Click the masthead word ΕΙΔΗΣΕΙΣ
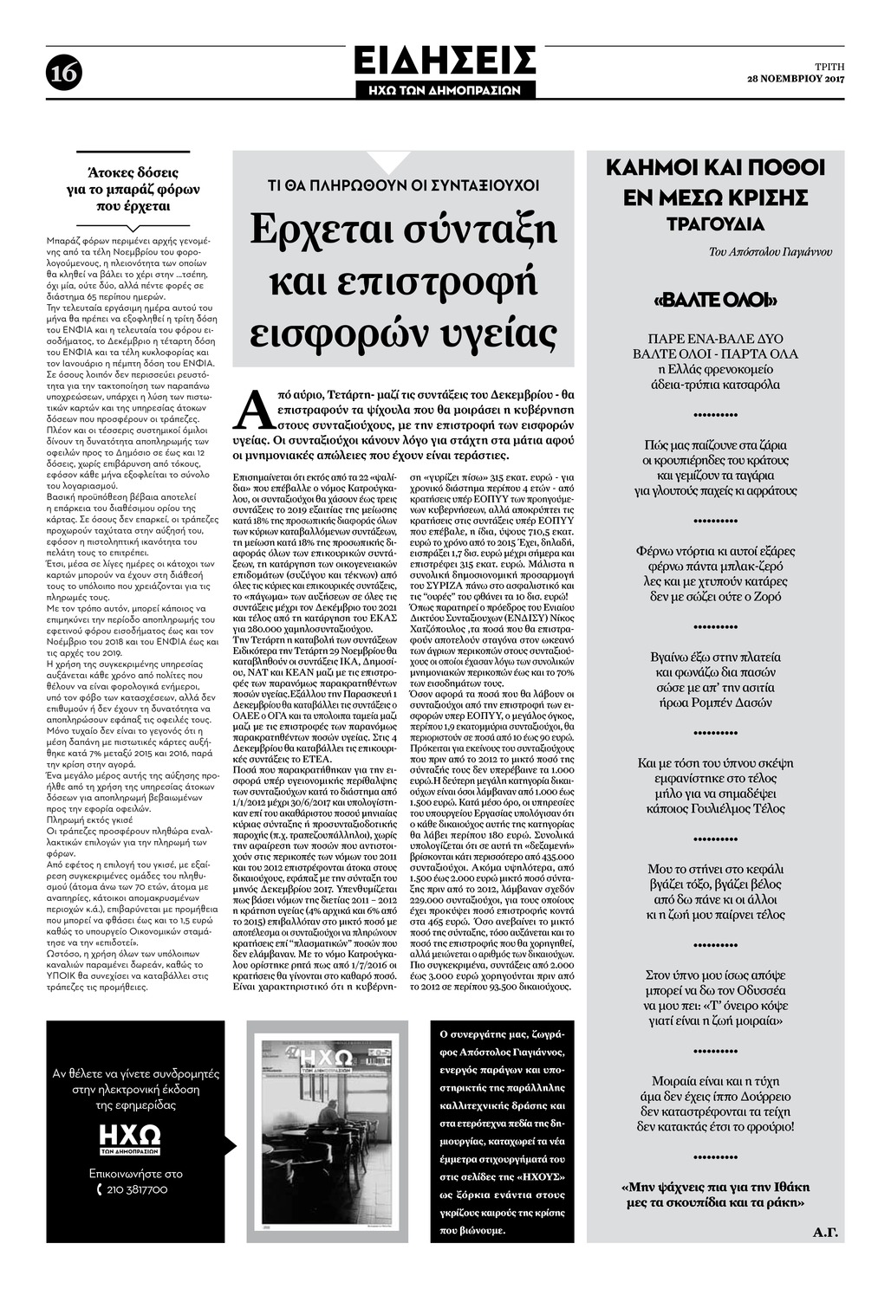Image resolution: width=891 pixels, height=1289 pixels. (x=445, y=62)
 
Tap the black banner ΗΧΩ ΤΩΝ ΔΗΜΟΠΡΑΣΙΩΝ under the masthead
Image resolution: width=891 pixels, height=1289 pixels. (x=445, y=89)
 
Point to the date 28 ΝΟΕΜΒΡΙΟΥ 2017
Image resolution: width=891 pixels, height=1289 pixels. (x=796, y=80)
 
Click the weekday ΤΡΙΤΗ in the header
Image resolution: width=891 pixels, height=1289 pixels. (x=829, y=66)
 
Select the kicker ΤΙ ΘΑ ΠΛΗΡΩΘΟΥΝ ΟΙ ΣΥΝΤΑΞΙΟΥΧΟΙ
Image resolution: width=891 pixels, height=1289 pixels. (x=403, y=185)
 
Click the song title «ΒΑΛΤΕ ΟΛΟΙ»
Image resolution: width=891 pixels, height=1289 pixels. (x=713, y=301)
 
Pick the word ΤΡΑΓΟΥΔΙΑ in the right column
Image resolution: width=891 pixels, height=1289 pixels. (x=714, y=224)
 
